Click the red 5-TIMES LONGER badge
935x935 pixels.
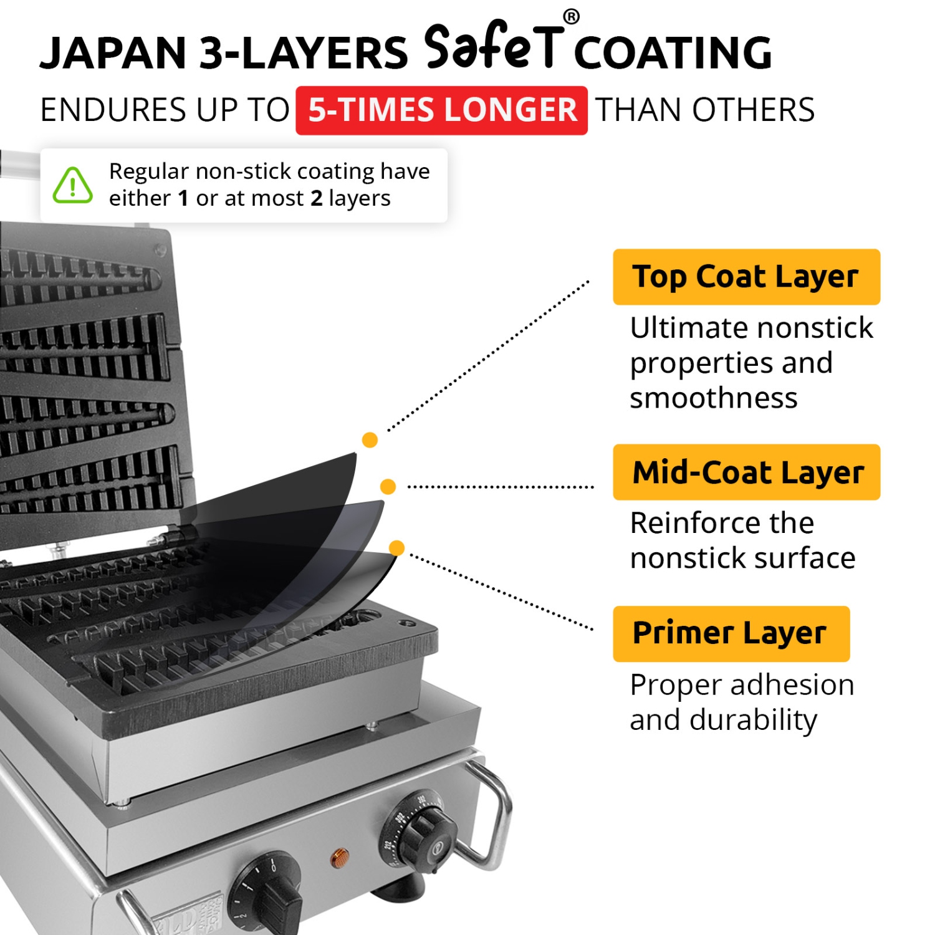pos(441,110)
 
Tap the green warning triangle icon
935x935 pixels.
pos(73,185)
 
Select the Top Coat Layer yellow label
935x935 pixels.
pos(746,277)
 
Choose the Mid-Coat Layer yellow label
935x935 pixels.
pos(746,472)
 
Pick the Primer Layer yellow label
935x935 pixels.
pos(731,633)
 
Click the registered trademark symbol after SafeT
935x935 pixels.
pos(571,17)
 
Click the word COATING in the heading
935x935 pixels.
pos(673,53)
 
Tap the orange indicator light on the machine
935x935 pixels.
pos(339,858)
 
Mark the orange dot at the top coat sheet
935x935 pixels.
pos(370,440)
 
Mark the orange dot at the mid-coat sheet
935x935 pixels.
pos(388,486)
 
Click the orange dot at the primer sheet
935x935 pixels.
pos(396,548)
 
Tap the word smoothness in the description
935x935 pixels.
pos(713,398)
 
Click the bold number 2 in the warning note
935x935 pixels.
pos(317,198)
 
